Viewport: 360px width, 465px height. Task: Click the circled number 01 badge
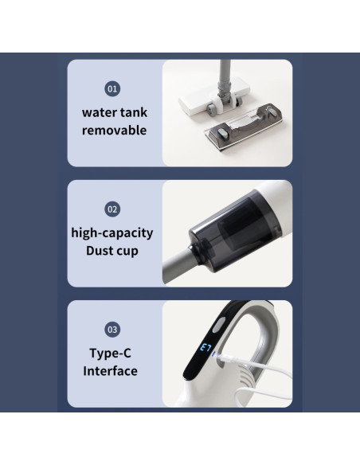point(113,89)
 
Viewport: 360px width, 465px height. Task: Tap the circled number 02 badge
point(113,209)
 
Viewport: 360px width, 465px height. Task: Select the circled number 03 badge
point(113,329)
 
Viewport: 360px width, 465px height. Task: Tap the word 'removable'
point(114,130)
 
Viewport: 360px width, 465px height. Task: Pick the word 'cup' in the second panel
point(133,251)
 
